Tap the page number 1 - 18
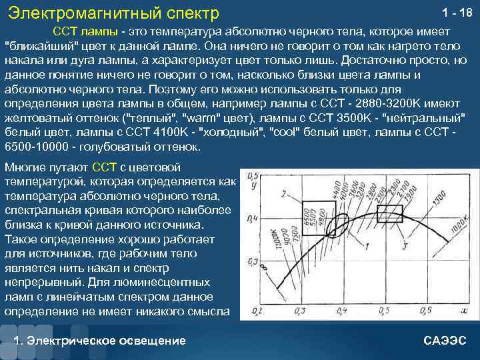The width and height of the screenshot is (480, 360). click(x=457, y=13)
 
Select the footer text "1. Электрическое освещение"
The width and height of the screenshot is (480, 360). click(x=100, y=341)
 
